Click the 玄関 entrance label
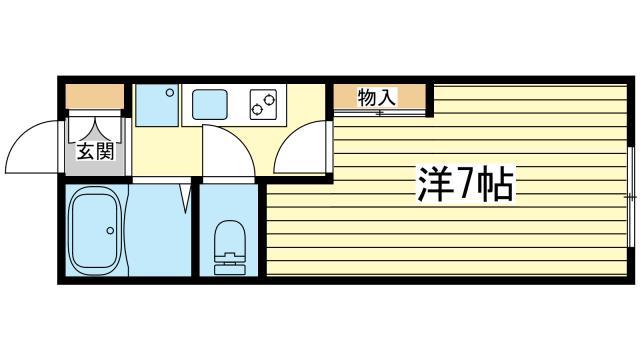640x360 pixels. point(95,152)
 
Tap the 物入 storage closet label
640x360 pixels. point(377,98)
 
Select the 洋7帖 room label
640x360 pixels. point(465,184)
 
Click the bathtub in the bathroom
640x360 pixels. point(95,231)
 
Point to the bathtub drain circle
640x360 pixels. point(110,231)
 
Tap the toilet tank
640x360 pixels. point(230,265)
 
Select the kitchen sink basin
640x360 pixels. point(209,104)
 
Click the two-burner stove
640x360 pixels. point(263,104)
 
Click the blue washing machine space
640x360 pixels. point(157,105)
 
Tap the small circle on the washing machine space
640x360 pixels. point(169,93)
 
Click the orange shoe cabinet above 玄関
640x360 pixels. point(95,96)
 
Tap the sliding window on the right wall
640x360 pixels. point(631,198)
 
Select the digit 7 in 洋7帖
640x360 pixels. point(464,184)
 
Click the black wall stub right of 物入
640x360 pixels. point(429,100)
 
